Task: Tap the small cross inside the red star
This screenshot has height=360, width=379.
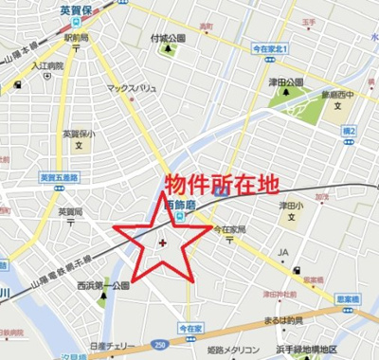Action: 163,243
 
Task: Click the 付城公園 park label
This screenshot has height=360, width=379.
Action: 168,38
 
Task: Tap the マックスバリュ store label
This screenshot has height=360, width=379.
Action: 131,87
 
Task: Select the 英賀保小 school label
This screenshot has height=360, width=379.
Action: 79,134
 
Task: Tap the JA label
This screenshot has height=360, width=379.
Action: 282,252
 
